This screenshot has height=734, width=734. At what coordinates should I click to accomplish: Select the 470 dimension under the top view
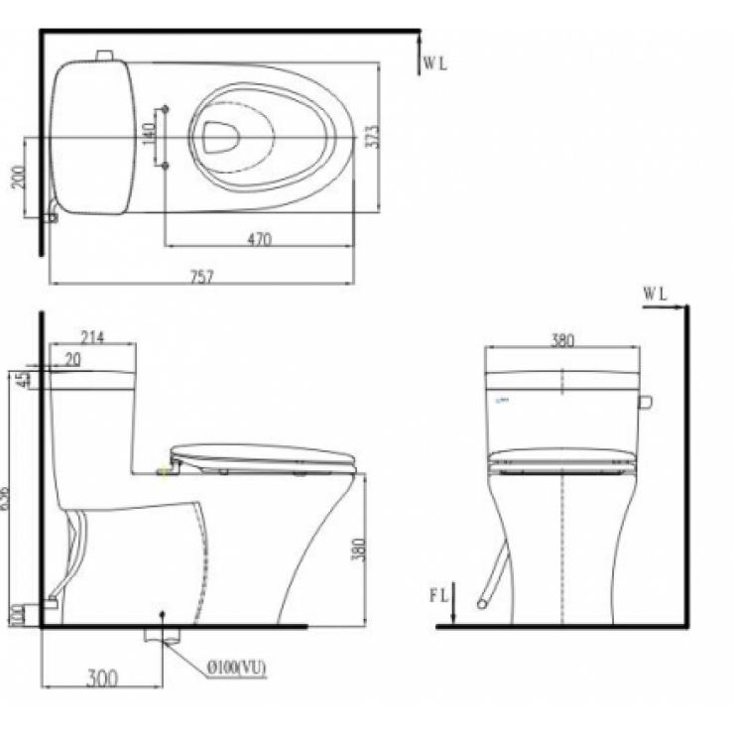pos(261,238)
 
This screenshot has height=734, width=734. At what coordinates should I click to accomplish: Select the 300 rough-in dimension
pos(101,678)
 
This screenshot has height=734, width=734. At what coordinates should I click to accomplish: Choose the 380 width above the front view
pos(561,339)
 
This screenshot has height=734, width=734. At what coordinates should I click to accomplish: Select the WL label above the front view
pos(655,293)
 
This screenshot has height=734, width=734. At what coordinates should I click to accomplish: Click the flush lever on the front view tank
pos(645,402)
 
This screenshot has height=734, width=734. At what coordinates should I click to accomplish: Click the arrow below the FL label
pos(452,613)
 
